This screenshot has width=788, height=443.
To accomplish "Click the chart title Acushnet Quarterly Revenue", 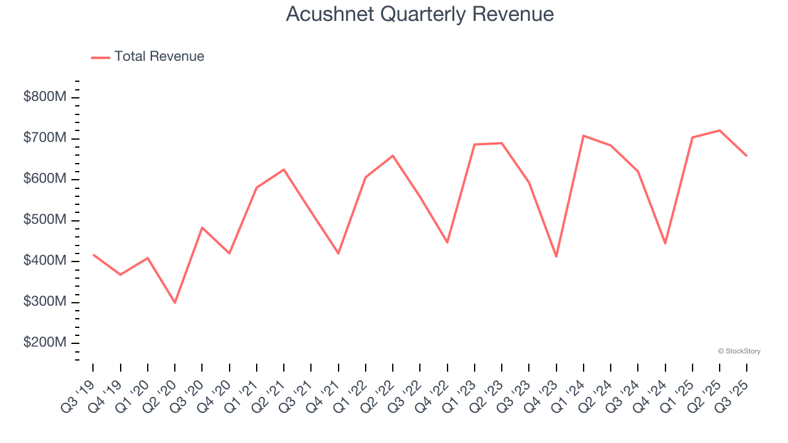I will tap(420, 14).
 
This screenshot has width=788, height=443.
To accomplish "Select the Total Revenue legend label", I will tap(159, 57).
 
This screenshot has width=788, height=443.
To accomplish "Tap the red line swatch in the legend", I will tap(100, 57).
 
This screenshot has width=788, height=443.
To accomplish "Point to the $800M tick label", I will tap(44, 97).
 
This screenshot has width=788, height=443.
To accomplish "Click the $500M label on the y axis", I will tap(44, 220).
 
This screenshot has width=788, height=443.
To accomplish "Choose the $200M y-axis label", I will tap(44, 343).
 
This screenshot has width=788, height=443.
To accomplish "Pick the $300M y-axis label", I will tap(44, 302).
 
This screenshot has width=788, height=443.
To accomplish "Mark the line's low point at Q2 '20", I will tap(175, 303).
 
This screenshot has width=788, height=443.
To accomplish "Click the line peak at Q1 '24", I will tap(583, 135).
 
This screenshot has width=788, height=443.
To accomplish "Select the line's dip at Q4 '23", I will tap(556, 257).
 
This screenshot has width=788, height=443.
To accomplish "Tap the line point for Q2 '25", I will tap(719, 130).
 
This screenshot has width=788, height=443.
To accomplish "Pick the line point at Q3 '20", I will tap(202, 228).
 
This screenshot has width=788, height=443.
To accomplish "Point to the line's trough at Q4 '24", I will tap(665, 244).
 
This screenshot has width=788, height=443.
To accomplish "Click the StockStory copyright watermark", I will tap(739, 351).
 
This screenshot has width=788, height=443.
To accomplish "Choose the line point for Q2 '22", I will tap(393, 156).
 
